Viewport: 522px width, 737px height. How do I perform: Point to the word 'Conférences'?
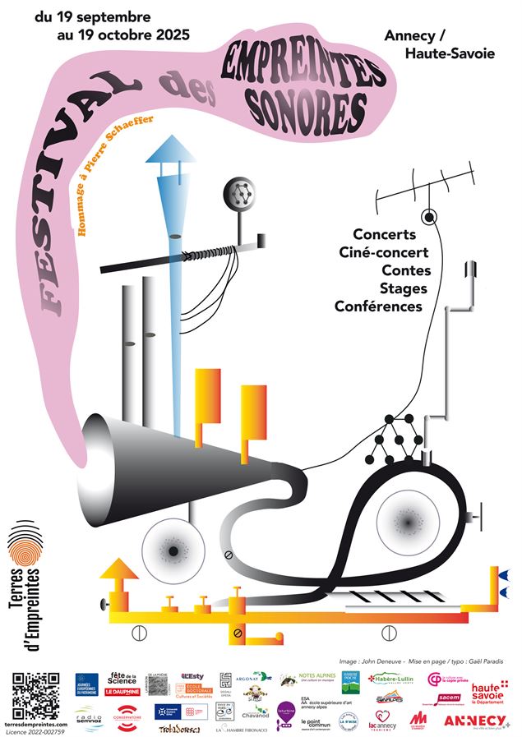(378, 306)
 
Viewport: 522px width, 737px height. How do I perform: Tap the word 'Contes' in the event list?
(407, 270)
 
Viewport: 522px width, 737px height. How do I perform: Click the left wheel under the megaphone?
(173, 550)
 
